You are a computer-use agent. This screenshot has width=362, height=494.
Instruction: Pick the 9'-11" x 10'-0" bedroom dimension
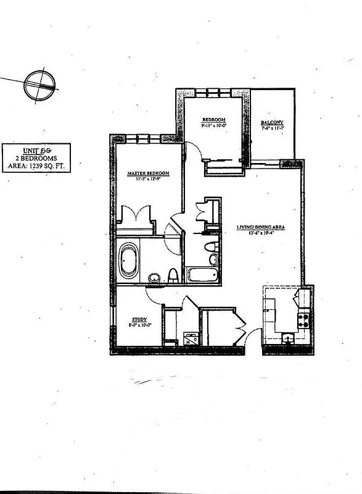pyautogui.click(x=213, y=125)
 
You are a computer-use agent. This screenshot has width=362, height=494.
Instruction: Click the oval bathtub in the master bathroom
pyautogui.click(x=128, y=261)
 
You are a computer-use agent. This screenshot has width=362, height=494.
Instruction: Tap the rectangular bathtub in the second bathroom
pyautogui.click(x=201, y=275)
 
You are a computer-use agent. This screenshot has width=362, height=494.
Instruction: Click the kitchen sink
pyautogui.click(x=287, y=338)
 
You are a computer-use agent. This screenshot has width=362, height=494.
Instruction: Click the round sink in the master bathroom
pyautogui.click(x=154, y=277)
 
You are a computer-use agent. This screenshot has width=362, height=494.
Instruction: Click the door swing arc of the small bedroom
pyautogui.click(x=194, y=152)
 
